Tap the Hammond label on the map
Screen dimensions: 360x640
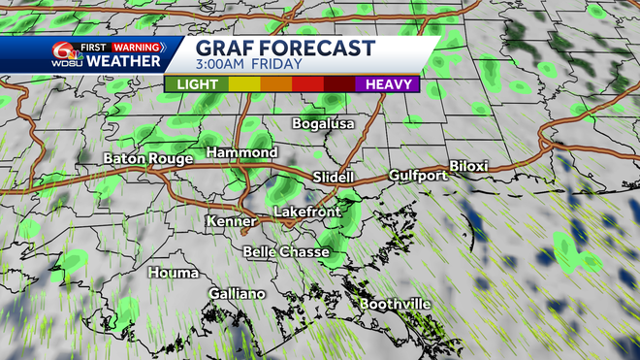[x=241, y=153]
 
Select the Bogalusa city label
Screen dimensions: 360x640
[x=324, y=123]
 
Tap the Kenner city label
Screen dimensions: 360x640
[x=231, y=221]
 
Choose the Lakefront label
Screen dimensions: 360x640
[x=302, y=211]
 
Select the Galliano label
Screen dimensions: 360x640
[x=236, y=294]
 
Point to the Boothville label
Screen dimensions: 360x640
[x=395, y=304]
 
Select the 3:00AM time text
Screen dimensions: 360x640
[x=223, y=66]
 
